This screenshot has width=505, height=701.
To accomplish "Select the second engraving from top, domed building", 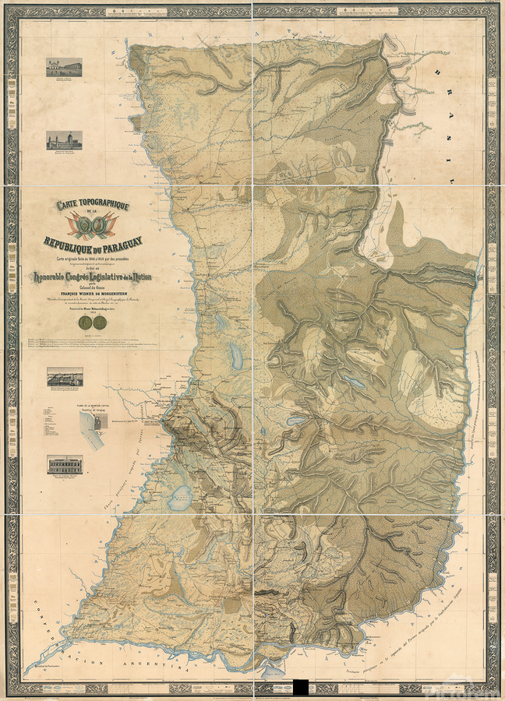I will (64, 140).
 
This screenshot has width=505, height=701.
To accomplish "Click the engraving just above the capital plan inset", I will (64, 377).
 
